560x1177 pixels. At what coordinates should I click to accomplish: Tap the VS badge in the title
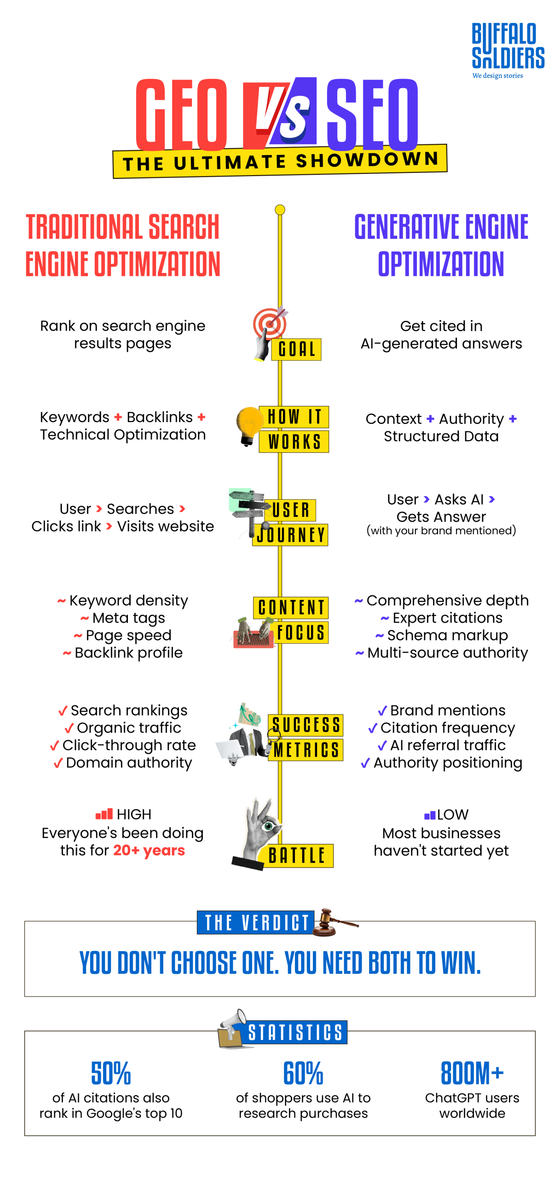280,113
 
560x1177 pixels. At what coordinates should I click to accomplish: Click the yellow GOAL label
296,349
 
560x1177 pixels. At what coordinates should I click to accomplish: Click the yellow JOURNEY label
290,535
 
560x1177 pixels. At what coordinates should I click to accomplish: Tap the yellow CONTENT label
291,607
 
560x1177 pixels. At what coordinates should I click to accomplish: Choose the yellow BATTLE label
297,855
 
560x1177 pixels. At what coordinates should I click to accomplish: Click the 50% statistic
111,1073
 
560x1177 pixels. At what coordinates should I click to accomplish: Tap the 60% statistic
303,1073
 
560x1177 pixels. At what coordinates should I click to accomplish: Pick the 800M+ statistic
472,1073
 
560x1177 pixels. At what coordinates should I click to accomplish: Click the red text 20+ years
149,850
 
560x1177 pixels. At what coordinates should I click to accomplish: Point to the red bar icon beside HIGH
104,814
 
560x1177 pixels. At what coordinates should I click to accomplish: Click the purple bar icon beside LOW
429,815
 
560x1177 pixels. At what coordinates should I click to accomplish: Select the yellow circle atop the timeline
280,210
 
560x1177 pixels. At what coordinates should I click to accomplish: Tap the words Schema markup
447,635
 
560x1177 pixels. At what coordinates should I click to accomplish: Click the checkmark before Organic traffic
69,728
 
